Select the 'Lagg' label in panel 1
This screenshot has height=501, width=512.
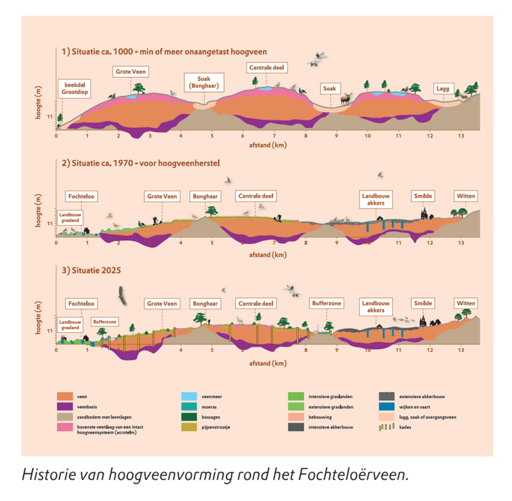tap(444, 88)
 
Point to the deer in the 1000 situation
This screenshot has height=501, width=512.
tap(346, 99)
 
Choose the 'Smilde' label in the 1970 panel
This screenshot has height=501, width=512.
tap(422, 196)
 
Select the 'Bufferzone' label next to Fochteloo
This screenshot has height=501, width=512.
tap(104, 322)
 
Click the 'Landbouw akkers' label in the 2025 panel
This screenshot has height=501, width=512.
tap(375, 306)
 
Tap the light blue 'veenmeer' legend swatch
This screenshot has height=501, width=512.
tap(190, 396)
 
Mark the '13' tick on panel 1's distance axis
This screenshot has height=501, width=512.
tap(461, 136)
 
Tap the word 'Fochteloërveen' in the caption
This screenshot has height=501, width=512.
tap(358, 475)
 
